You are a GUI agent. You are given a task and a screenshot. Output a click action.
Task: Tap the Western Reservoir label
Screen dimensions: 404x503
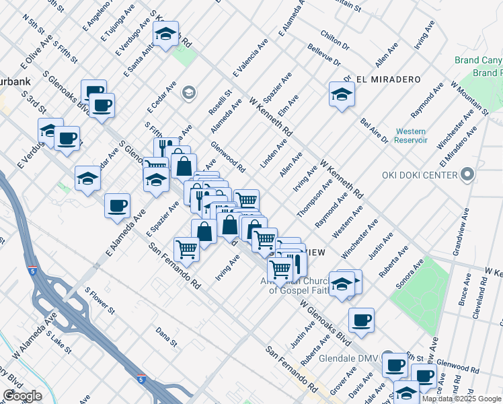click(x=411, y=135)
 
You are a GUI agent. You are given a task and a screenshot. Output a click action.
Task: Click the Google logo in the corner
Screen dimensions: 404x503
click(x=22, y=395)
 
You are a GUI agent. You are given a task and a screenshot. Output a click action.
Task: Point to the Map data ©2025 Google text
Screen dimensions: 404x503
click(x=461, y=399)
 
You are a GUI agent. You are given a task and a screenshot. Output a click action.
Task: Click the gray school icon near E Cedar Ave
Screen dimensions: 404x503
click(x=189, y=92)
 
